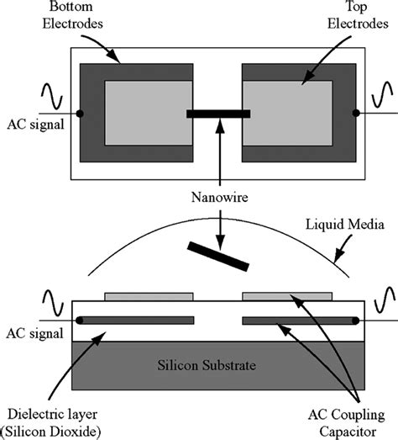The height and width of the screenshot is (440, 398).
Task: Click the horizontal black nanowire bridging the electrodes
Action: tap(218, 114)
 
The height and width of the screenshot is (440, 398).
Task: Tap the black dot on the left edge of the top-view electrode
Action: tap(80, 113)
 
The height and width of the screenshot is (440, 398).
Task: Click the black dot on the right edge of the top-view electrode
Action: tap(356, 113)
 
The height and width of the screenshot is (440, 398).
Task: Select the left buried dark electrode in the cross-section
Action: tap(136, 320)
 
